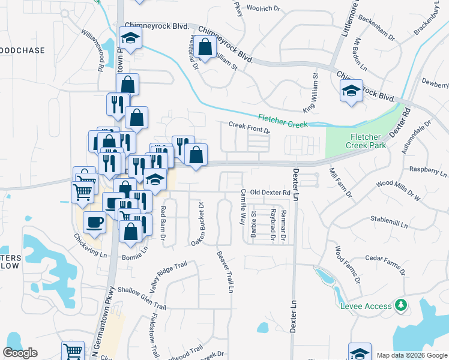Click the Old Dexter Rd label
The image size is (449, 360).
pyautogui.click(x=270, y=193)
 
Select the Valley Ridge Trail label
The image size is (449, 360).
pyautogui.click(x=169, y=277)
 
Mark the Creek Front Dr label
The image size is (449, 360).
pyautogui.click(x=249, y=127)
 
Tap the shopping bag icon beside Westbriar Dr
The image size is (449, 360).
pyautogui.click(x=205, y=46)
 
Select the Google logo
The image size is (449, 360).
pyautogui.click(x=20, y=353)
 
